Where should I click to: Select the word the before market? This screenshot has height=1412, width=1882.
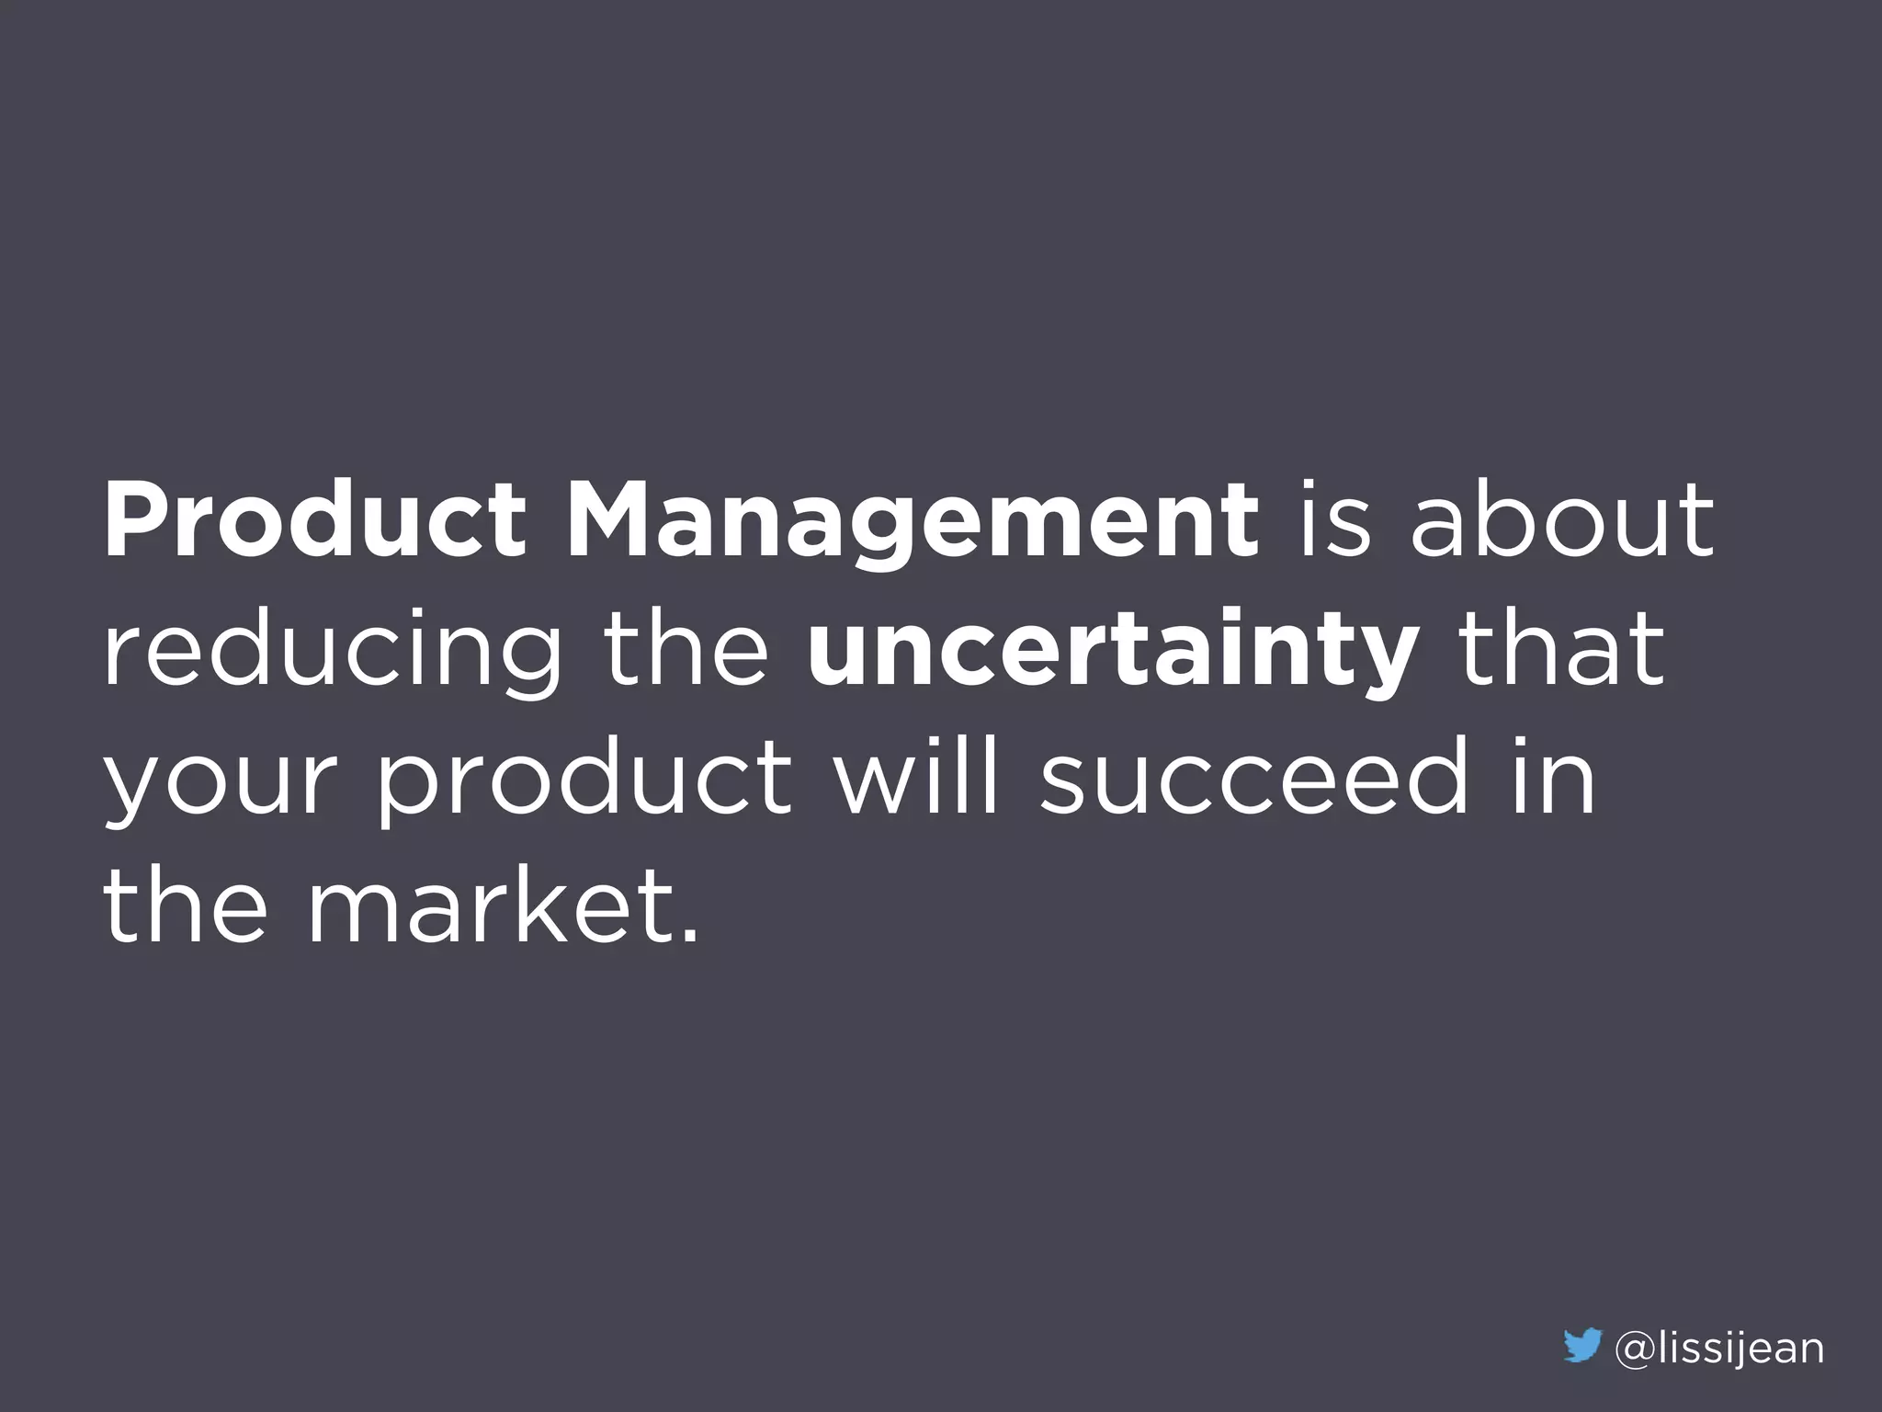tap(184, 906)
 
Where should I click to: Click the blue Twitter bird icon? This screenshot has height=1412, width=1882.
tap(1582, 1349)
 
